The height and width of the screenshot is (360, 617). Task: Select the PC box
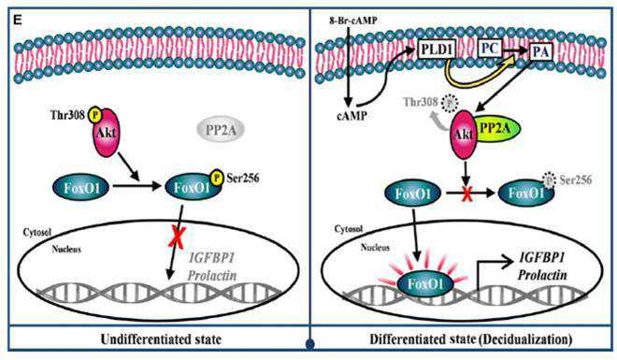click(x=490, y=50)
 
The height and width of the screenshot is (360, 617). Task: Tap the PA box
click(x=540, y=52)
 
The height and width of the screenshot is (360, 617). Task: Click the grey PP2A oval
click(x=221, y=129)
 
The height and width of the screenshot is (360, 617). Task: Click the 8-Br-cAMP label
click(x=352, y=21)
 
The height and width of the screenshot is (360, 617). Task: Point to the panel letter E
click(x=18, y=20)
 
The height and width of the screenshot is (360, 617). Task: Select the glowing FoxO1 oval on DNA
click(x=425, y=283)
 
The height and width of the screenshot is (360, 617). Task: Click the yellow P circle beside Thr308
click(x=94, y=114)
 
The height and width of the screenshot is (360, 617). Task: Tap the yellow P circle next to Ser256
click(x=217, y=178)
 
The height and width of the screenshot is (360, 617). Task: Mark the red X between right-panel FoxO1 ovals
click(x=467, y=194)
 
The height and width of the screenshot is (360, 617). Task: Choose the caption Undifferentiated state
click(x=161, y=339)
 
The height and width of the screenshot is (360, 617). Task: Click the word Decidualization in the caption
click(x=525, y=339)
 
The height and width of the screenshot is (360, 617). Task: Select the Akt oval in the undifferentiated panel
click(x=106, y=133)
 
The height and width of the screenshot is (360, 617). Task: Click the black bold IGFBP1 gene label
click(x=542, y=258)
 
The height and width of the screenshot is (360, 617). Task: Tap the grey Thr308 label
click(x=421, y=102)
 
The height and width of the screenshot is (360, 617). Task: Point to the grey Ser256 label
click(x=575, y=180)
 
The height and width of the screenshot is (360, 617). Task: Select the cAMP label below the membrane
click(x=352, y=115)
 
